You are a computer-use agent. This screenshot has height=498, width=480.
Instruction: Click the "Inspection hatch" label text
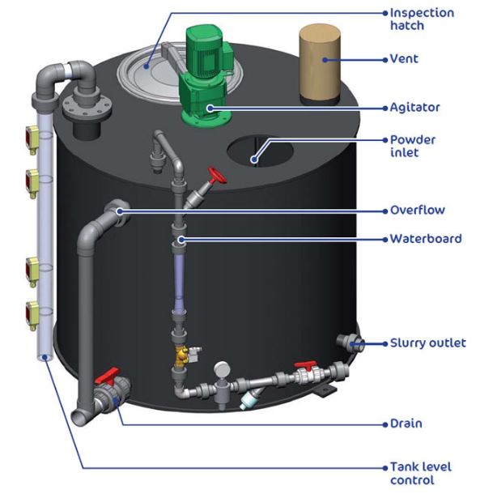click(422, 19)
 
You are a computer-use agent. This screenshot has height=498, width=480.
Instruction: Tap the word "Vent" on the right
click(404, 59)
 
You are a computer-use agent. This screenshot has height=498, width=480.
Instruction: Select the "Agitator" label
click(414, 108)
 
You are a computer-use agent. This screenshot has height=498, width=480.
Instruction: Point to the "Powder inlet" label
click(413, 146)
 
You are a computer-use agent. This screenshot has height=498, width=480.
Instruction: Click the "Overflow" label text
click(418, 210)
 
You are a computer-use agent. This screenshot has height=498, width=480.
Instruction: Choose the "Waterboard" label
click(426, 239)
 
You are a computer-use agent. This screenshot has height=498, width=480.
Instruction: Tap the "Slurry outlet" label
click(428, 343)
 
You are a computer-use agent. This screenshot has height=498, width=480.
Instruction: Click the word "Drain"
click(406, 424)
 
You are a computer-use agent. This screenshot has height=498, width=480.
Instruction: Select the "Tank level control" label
click(421, 473)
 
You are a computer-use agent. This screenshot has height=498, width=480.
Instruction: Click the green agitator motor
click(206, 76)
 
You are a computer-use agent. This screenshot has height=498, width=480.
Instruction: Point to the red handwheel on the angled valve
click(218, 176)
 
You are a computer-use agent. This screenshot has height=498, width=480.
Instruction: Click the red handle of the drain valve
click(107, 376)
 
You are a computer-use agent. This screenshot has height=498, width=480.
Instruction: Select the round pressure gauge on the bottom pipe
click(222, 369)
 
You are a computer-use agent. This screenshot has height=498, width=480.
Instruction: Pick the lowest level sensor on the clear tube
click(32, 316)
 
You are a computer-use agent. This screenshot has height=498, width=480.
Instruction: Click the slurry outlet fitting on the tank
click(350, 343)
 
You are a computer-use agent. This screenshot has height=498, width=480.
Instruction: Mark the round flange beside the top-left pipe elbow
click(87, 108)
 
